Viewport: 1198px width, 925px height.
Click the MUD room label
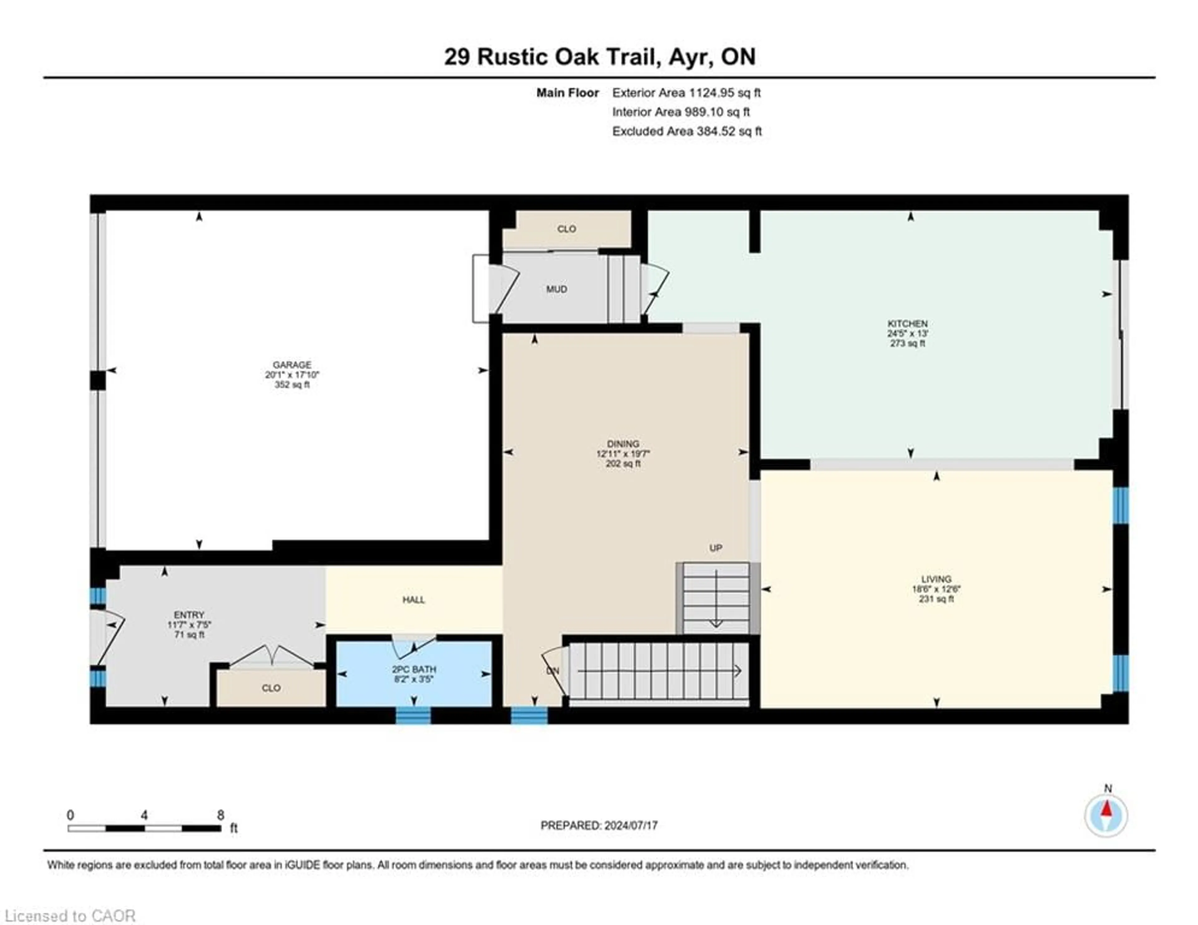556,289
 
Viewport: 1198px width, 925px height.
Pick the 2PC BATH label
414,669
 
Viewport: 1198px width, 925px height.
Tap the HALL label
414,600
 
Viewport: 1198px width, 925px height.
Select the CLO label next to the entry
271,688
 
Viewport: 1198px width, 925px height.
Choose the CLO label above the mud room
566,229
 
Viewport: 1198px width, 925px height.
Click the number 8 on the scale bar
221,815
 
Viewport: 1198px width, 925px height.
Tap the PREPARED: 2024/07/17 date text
599,825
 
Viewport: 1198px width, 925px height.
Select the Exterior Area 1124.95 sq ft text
686,93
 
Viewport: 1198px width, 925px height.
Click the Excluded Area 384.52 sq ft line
687,131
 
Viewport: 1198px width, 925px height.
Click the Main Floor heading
567,93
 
